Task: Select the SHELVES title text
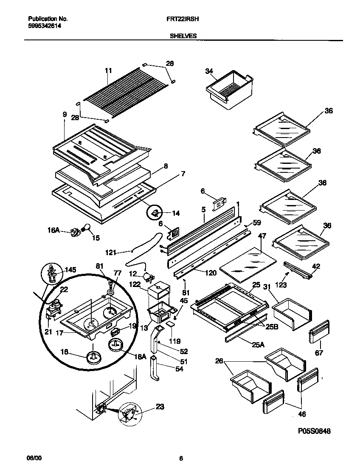(x=183, y=37)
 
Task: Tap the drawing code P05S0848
(x=314, y=431)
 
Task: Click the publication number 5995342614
(x=42, y=26)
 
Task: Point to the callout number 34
(x=208, y=71)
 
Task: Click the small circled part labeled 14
(x=156, y=212)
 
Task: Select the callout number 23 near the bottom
(x=160, y=406)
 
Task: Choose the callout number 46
(x=301, y=414)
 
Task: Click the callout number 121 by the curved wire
(x=110, y=253)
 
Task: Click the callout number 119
(x=175, y=340)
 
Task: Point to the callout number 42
(x=316, y=266)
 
